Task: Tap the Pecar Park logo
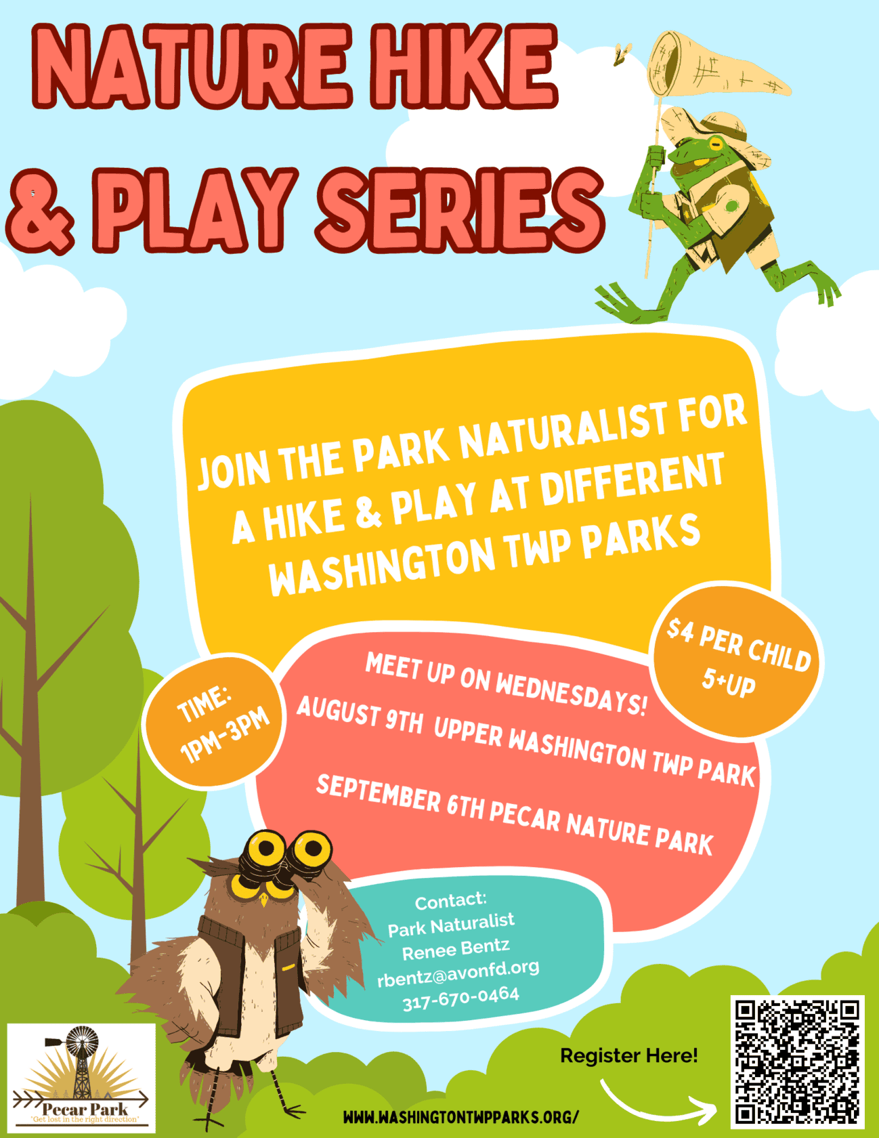coord(81,1077)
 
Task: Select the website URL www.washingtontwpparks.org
coord(461,1116)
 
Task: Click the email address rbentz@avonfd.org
coord(458,973)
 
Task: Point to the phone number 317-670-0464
coord(461,998)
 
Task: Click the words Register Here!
coord(629,1055)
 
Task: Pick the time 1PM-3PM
coord(225,736)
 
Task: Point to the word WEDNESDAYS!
coord(571,695)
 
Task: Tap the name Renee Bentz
coord(456,949)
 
